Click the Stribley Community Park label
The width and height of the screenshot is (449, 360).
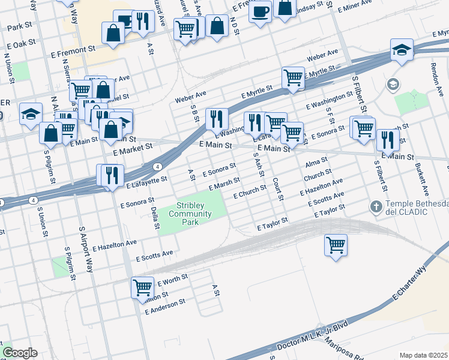190,213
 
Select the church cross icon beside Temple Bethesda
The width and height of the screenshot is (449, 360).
376,207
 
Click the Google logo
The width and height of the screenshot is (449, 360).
20,353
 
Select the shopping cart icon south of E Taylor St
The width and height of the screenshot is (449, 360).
336,244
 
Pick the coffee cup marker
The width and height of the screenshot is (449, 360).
260,11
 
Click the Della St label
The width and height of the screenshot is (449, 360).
155,217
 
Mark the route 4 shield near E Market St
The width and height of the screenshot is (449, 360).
157,166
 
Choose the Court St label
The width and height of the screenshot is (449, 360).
277,188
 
